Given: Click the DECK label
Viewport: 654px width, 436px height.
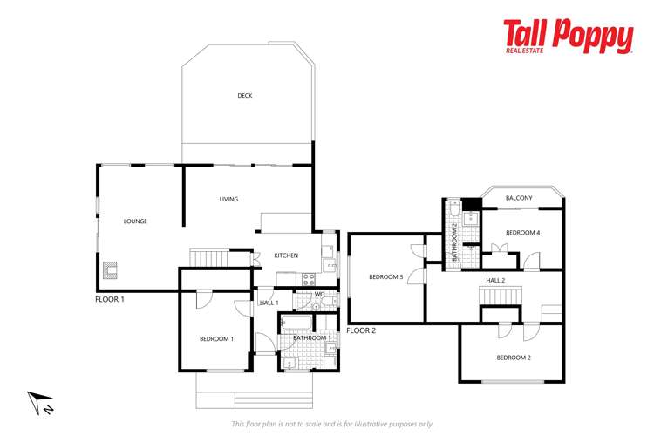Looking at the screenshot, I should click(x=245, y=96).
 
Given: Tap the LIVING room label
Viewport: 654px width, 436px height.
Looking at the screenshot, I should click(x=228, y=200).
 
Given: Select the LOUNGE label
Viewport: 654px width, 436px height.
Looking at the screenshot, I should click(x=135, y=221).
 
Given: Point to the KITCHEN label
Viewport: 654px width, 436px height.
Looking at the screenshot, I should click(x=286, y=255).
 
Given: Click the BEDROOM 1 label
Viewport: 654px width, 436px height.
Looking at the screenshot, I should click(x=216, y=338).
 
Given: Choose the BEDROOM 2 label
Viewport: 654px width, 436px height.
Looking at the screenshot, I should click(x=514, y=358).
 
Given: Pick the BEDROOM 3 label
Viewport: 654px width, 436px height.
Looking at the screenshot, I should click(x=385, y=277).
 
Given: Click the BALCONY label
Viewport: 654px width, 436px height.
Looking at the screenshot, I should click(x=519, y=199).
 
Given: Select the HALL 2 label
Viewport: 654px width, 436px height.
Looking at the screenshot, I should click(x=495, y=280).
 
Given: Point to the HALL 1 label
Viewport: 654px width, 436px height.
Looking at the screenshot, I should click(x=269, y=303).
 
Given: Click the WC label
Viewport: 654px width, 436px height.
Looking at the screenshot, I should click(x=319, y=295).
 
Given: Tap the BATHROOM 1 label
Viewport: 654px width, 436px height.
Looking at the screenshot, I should click(x=311, y=337).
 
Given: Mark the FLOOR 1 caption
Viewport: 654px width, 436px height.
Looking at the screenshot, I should click(x=110, y=299).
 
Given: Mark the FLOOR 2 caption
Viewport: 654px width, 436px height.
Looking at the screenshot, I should click(x=361, y=330).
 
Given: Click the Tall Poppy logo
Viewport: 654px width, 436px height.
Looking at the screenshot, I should click(x=567, y=37).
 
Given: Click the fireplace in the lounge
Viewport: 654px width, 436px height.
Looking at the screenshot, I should click(x=111, y=270).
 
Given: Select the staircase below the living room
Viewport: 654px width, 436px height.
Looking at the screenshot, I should click(x=208, y=258).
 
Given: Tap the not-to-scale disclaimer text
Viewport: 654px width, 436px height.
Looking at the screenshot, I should click(x=332, y=424).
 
